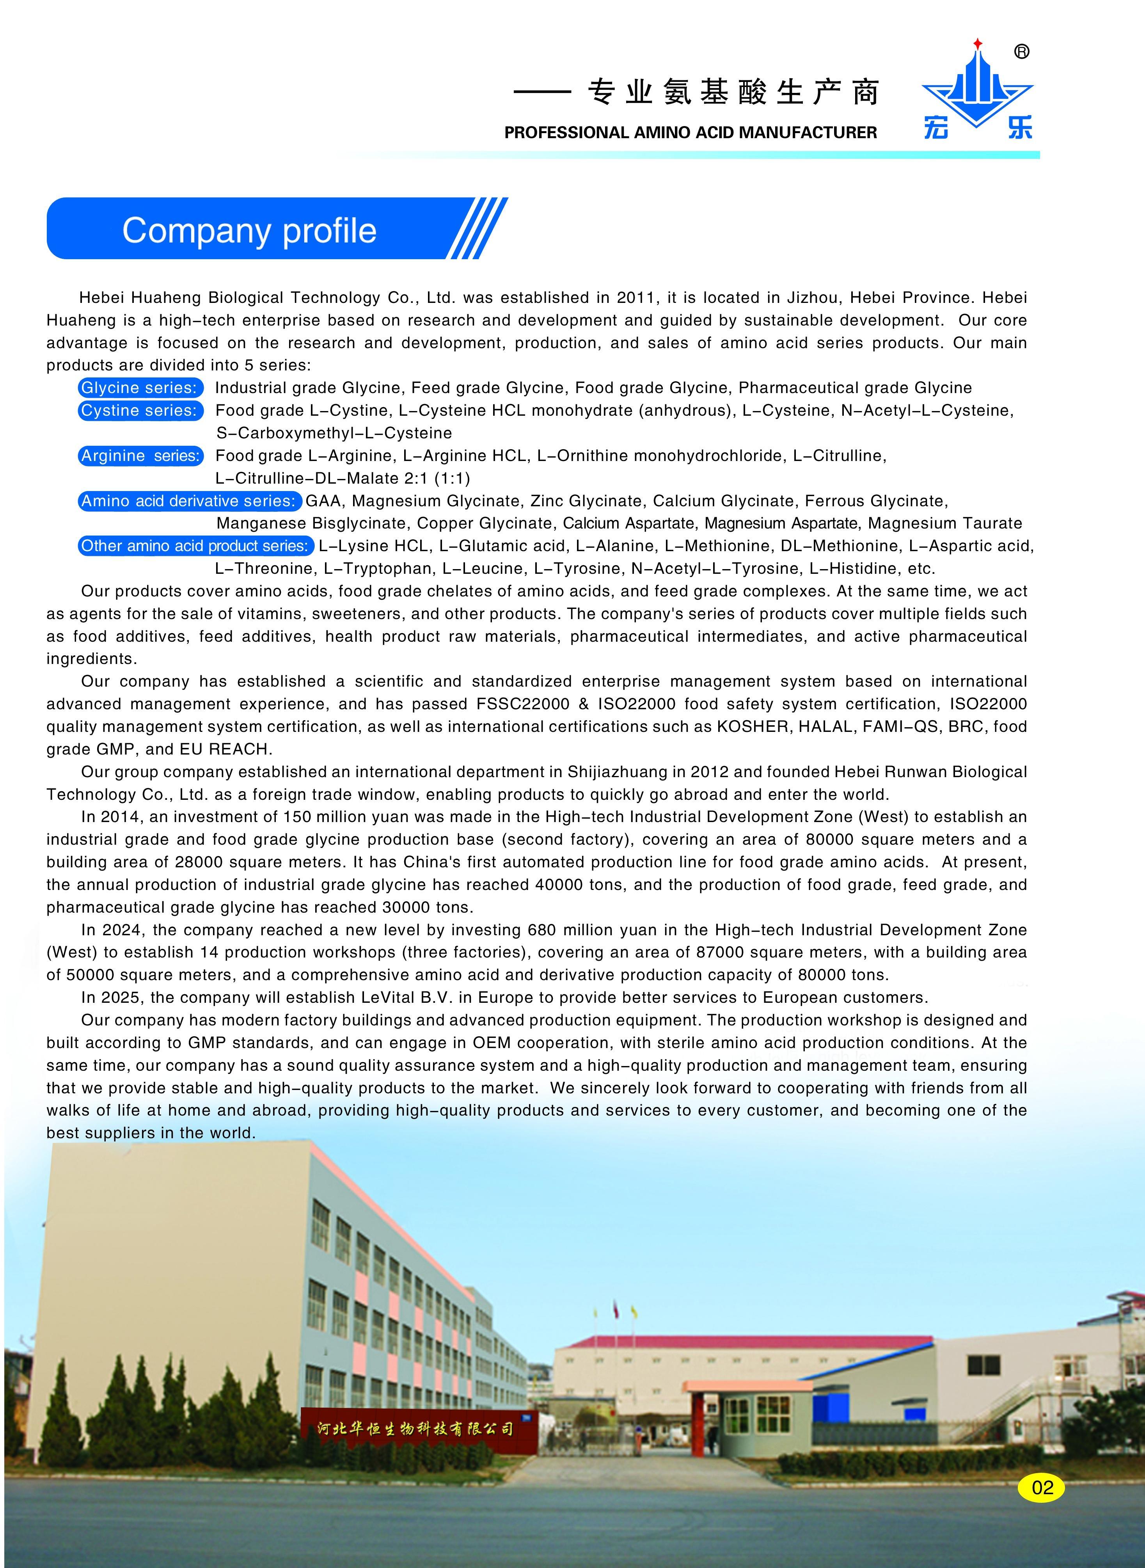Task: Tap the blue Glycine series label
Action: click(x=141, y=388)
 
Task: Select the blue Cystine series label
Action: click(x=141, y=411)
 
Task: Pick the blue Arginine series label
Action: click(x=141, y=456)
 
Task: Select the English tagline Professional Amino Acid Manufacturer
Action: click(x=691, y=132)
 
